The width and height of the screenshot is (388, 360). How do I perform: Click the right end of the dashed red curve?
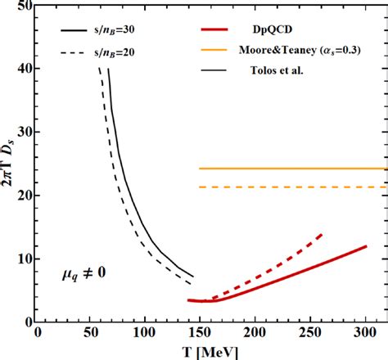click(322, 234)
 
